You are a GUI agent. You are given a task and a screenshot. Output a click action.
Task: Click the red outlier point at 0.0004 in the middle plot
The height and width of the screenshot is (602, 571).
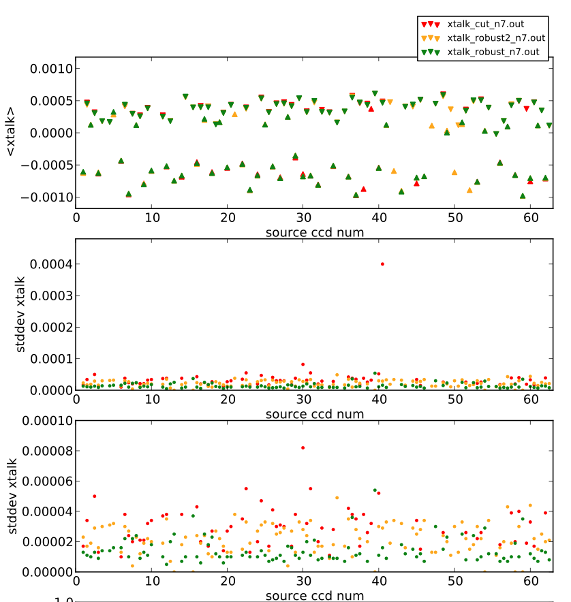pos(382,264)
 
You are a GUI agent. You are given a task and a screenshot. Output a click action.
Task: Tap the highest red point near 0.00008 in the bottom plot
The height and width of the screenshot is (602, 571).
pos(303,447)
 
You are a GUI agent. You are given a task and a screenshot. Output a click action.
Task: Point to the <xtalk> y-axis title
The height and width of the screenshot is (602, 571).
pos(10,132)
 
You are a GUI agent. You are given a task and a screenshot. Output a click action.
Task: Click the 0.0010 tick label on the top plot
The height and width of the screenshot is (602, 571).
pos(50,69)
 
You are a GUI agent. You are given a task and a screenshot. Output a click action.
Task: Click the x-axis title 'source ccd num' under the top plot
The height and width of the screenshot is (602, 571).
pos(314,232)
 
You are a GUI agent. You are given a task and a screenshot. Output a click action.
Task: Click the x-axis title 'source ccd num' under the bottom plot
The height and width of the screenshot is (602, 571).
pos(314,596)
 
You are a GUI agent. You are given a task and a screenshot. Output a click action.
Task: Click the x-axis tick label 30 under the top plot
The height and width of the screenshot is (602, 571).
pos(303,217)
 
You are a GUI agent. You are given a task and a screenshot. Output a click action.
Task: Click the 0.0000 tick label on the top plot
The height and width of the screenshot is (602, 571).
pos(50,133)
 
